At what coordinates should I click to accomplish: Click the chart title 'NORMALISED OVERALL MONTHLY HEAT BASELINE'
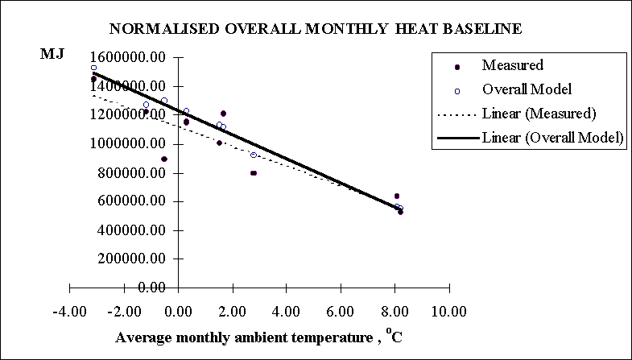pos(316,29)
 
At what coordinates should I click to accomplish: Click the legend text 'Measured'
pos(512,65)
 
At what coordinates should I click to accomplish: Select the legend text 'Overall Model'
pos(527,89)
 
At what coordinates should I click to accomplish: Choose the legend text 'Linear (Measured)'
pos(538,113)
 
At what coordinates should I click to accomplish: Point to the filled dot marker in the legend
pos(456,67)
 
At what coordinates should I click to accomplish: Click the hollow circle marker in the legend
pos(456,90)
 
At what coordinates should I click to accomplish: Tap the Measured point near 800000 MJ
pos(254,173)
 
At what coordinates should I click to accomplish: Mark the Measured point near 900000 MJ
pos(164,159)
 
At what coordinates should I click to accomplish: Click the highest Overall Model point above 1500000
pos(93,68)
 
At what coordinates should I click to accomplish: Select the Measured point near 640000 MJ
pos(397,196)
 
